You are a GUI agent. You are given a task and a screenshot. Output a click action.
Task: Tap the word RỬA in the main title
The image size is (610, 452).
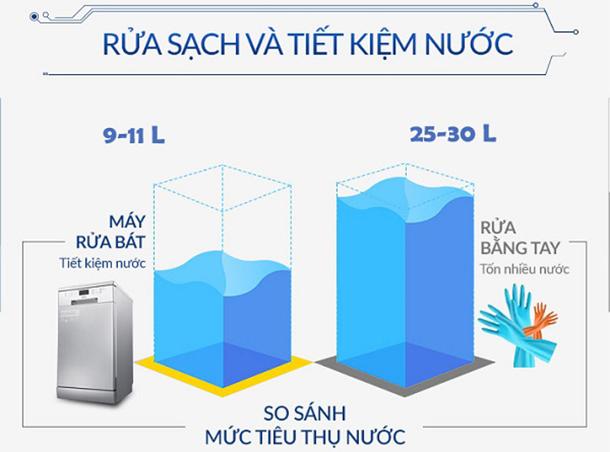point(130,43)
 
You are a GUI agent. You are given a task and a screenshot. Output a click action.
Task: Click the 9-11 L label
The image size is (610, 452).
point(134,136)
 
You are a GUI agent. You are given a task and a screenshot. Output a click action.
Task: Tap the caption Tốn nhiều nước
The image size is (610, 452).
point(525,269)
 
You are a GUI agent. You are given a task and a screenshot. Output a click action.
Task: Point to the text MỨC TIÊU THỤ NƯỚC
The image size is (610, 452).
point(305,438)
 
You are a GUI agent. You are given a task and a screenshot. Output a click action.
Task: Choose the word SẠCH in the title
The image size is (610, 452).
point(200,43)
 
